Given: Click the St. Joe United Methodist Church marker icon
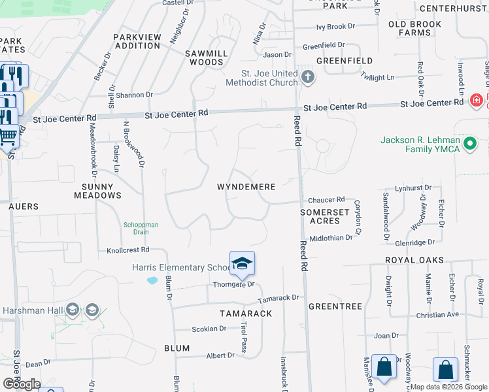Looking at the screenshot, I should tap(308, 78).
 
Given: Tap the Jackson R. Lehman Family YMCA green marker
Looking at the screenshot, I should tap(469, 143).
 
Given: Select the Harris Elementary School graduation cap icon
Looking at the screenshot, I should tap(242, 263).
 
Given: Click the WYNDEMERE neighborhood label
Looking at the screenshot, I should tap(246, 187).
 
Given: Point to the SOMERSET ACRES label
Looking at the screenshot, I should tap(325, 217).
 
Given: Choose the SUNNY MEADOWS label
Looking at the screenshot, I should tap(101, 191).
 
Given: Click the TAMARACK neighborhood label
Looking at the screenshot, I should tap(246, 314).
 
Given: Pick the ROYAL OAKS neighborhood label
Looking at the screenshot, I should tap(414, 260).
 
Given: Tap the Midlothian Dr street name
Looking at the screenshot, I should tap(331, 238).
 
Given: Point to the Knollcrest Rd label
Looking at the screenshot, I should tap(128, 250).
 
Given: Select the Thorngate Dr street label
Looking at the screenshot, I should tap(233, 285).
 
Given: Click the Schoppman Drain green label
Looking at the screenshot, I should tap(141, 229).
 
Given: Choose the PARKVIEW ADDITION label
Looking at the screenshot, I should tap(137, 42).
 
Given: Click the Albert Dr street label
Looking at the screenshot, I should tap(220, 355).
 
